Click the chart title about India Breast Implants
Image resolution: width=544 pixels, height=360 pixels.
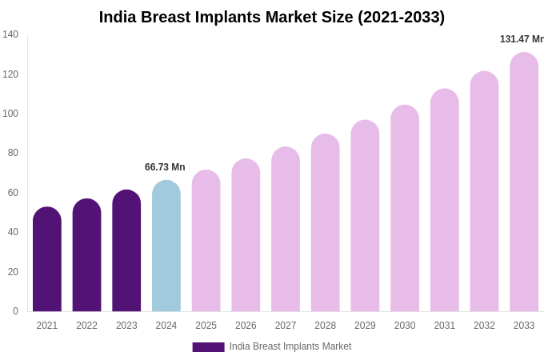[272, 17]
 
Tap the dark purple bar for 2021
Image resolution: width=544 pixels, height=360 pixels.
[47, 260]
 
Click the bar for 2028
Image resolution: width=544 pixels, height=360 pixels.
[326, 223]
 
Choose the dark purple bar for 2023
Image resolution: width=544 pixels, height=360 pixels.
[126, 251]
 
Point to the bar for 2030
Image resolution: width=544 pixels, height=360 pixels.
[405, 209]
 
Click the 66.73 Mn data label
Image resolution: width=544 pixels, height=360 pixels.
[165, 167]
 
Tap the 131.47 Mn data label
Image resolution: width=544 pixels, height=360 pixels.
[522, 39]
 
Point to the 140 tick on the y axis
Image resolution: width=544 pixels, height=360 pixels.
[10, 34]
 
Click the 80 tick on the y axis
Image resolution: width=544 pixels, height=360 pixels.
[13, 153]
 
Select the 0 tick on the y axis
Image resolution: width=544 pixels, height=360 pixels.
[15, 311]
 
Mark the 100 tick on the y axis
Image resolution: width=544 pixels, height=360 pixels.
[10, 114]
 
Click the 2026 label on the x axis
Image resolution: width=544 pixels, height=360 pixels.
[246, 326]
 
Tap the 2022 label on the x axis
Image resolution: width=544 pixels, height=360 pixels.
[86, 326]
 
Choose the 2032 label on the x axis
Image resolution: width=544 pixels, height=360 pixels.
[484, 326]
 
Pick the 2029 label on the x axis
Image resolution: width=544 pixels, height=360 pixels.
[365, 326]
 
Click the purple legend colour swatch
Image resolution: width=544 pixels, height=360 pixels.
[208, 347]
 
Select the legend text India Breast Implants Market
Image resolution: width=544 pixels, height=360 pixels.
[290, 346]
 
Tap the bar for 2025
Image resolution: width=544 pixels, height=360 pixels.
[206, 241]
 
